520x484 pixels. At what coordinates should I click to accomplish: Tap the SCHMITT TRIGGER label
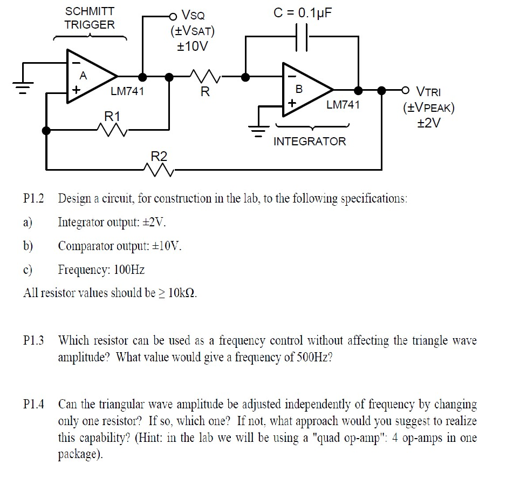pos(90,18)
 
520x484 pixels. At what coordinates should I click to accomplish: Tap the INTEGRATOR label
pos(310,142)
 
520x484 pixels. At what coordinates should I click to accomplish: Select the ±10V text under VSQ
pos(192,46)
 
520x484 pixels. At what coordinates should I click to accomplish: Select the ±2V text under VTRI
pos(429,123)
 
